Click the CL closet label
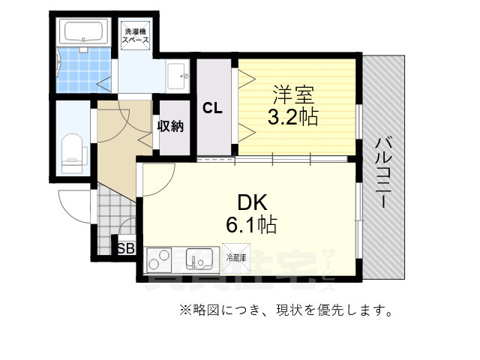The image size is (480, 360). [211, 108]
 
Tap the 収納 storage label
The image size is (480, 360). [170, 126]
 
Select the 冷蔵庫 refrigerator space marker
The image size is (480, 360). [235, 257]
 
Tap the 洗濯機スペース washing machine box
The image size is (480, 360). [136, 37]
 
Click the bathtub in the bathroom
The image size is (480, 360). [84, 33]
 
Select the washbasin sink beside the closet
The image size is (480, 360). [178, 74]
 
